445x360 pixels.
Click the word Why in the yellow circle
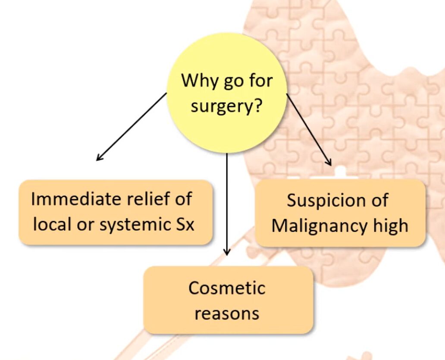coord(196,80)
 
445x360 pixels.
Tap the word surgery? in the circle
coord(226,106)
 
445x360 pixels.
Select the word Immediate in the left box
coord(71,199)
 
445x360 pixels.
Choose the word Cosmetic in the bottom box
coord(227,288)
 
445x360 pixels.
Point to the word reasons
coord(227,313)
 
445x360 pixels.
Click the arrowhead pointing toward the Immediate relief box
coord(99,158)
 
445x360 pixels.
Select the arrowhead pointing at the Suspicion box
coord(329,163)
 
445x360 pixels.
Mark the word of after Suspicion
coord(378,200)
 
